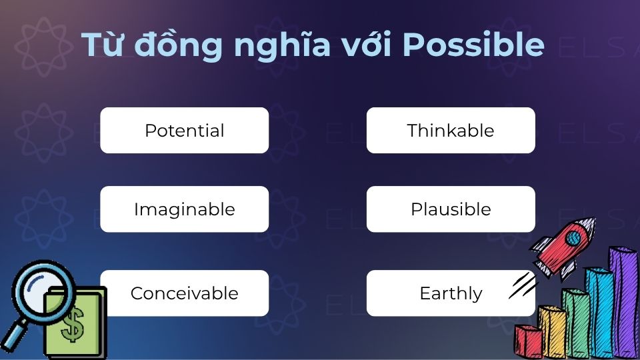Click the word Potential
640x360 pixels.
tap(184, 131)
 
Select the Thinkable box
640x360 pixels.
tap(451, 131)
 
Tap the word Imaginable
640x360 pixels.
tap(184, 209)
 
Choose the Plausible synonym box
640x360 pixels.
tap(451, 209)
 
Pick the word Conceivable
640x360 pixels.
tap(184, 293)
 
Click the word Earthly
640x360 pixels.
tap(451, 293)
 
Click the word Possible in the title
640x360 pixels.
tap(475, 45)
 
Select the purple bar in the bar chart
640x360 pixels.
tap(624, 300)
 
